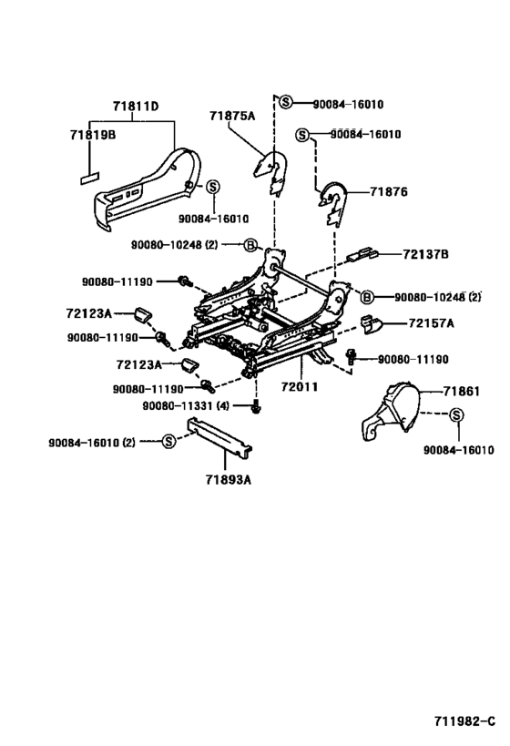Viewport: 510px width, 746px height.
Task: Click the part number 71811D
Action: [x=136, y=106]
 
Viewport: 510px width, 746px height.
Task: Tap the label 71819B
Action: [x=93, y=135]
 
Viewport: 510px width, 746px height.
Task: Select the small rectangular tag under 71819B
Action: [x=89, y=178]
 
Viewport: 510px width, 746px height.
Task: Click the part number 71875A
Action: [x=232, y=116]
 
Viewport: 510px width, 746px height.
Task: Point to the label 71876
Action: [x=389, y=191]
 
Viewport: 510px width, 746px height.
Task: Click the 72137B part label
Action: [x=425, y=254]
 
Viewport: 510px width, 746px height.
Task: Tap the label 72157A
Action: [x=431, y=323]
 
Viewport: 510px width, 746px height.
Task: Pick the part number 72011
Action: [x=300, y=386]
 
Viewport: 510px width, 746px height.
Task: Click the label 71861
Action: [x=462, y=392]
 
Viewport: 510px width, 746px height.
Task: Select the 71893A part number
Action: [x=229, y=479]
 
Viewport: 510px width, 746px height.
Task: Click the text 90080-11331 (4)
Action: [x=186, y=406]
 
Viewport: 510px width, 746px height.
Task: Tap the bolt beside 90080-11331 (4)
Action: [x=257, y=408]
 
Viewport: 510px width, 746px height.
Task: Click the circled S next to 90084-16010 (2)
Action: [x=168, y=442]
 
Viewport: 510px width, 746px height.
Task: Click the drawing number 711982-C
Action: [x=464, y=721]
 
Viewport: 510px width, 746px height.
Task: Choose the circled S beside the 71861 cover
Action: [x=455, y=414]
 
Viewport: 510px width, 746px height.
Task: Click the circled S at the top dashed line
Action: [x=285, y=101]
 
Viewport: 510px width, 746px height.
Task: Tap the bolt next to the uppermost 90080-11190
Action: [x=184, y=281]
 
